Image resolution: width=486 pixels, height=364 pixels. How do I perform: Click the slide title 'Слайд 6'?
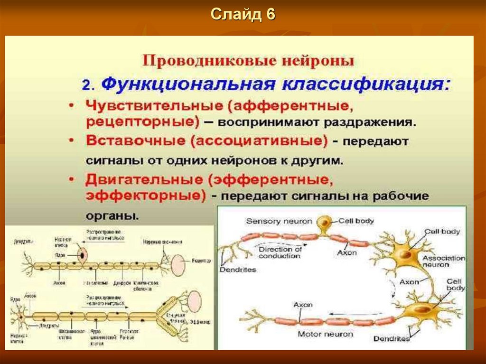243,15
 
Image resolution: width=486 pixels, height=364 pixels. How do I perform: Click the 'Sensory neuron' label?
279,221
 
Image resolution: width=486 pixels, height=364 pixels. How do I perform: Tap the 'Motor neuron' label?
325,334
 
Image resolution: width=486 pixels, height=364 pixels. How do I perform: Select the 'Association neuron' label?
443,261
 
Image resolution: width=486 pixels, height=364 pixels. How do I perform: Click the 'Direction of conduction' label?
280,252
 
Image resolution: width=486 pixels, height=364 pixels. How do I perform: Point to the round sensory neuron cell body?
325,222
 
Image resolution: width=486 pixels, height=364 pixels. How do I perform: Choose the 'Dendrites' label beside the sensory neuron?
238,270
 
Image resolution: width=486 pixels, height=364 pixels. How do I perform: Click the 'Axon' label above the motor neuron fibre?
302,304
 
